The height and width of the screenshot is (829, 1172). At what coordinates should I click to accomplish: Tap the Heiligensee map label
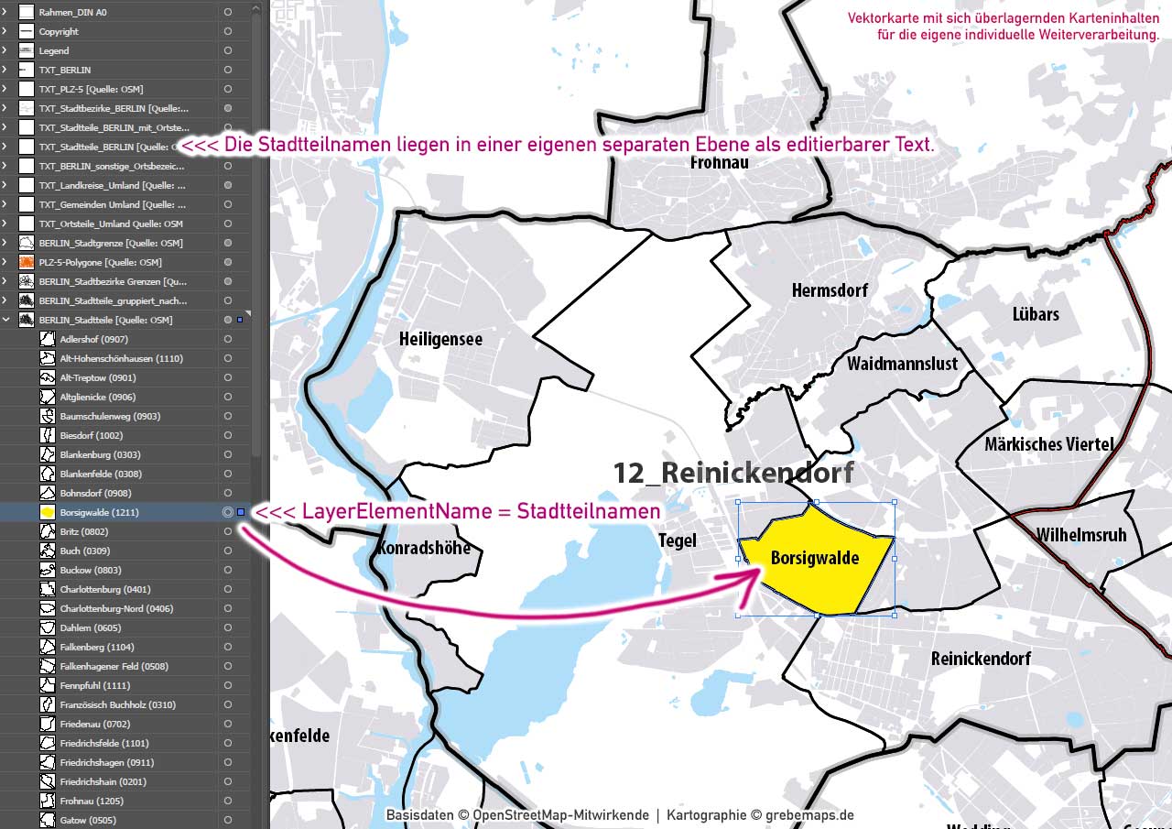[440, 339]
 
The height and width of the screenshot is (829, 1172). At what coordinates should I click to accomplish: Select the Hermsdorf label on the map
[830, 290]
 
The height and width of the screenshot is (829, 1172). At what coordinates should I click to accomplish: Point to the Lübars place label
[1036, 314]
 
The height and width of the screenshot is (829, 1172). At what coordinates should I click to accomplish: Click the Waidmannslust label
[902, 364]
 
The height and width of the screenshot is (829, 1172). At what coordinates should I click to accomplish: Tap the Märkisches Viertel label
[1048, 445]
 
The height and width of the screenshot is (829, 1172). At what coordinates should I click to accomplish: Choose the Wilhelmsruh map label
[1081, 535]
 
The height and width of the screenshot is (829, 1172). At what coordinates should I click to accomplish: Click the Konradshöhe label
[423, 548]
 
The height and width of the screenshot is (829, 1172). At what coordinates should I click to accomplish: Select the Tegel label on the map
[678, 541]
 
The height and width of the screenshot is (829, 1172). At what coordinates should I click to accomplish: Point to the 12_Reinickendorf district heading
[732, 473]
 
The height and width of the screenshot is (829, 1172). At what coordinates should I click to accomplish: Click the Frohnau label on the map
[720, 163]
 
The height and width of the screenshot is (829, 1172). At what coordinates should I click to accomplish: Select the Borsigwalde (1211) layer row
[100, 512]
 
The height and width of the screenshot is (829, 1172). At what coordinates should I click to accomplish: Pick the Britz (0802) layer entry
[84, 531]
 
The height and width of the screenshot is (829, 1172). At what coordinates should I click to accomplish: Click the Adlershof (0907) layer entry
[94, 339]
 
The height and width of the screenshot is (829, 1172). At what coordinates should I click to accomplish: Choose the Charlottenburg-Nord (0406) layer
[116, 608]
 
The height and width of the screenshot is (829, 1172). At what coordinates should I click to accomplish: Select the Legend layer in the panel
[54, 50]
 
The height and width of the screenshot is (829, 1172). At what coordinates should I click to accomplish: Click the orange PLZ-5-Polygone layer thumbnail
[27, 262]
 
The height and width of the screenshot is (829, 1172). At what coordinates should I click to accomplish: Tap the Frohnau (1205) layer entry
[91, 801]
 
